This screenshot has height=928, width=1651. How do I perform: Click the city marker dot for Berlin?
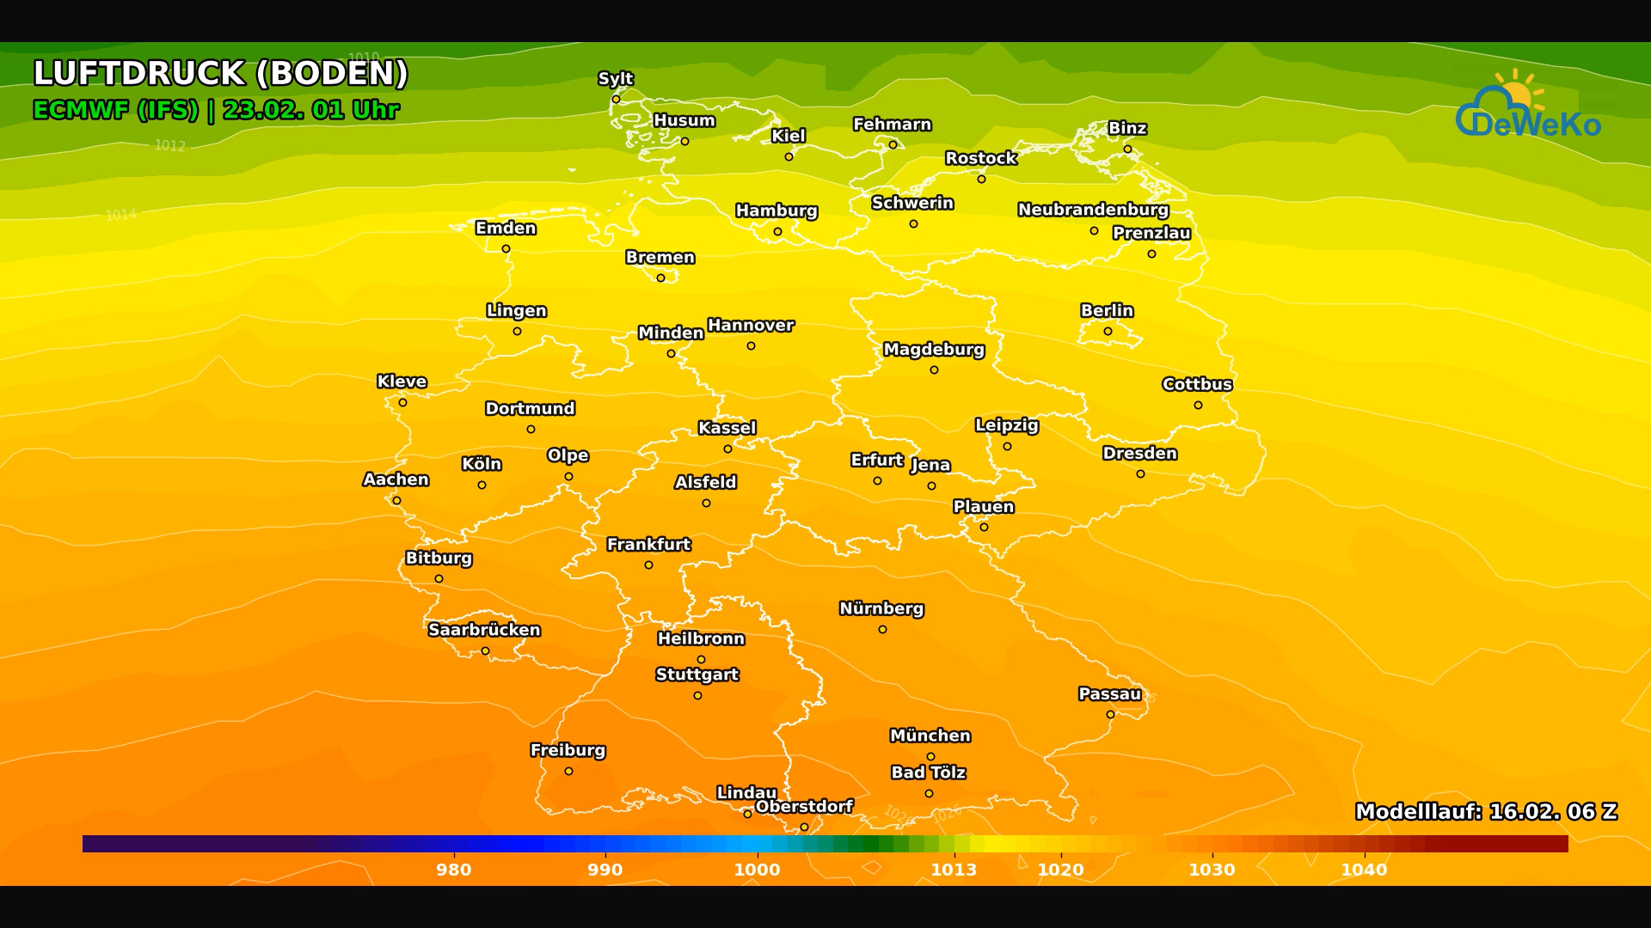1108,332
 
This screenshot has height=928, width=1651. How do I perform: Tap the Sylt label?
616,78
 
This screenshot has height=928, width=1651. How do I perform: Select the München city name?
930,736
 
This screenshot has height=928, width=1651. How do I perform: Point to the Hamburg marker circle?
777,231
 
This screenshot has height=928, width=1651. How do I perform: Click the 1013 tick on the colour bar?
954,870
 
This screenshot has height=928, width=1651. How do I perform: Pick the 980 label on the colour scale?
453,870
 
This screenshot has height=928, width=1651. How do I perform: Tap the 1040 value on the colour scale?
1364,870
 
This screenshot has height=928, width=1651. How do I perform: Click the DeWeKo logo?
1528,107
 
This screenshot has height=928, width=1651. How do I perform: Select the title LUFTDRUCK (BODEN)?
220,73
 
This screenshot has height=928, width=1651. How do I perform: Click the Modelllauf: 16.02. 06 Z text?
1486,811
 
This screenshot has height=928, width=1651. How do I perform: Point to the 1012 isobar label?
169,146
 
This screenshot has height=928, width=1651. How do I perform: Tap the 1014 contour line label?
120,215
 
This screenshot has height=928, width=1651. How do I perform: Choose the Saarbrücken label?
484,630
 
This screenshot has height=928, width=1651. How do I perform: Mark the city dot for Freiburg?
568,772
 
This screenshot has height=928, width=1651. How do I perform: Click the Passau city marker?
1110,715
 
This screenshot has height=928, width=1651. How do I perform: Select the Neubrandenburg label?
1093,210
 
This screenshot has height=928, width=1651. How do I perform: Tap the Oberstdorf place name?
804,806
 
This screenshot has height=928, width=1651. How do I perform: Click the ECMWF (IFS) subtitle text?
115,110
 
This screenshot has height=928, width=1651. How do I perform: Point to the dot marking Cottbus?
1198,406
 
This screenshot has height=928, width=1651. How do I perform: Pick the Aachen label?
396,479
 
